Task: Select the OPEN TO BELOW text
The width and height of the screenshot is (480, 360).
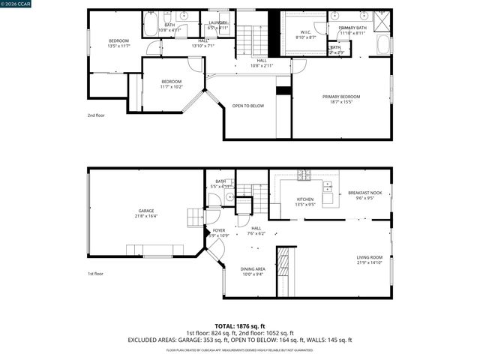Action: (247, 106)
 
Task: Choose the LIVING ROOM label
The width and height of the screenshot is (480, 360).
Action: (369, 259)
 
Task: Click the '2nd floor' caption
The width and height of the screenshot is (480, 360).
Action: (95, 115)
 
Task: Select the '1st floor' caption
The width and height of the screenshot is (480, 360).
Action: (95, 274)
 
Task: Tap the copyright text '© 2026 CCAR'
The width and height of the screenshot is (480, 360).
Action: (16, 5)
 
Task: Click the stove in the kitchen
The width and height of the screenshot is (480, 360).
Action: (304, 177)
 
